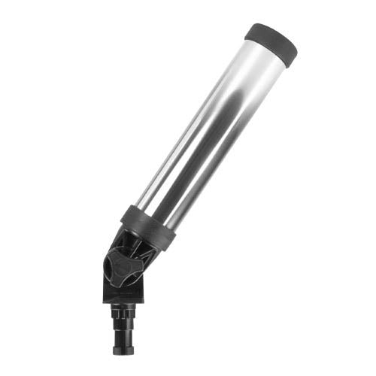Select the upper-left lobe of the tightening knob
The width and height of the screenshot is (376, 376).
[112, 256]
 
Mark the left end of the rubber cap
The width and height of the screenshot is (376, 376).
[248, 32]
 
